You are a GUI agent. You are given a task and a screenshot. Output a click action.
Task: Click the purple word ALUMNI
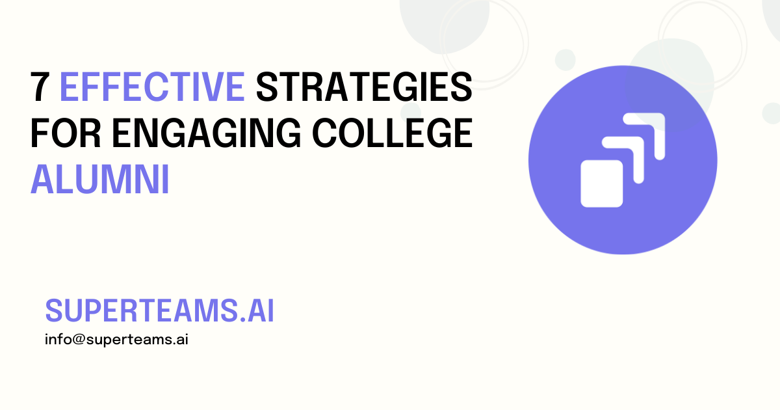click(100, 180)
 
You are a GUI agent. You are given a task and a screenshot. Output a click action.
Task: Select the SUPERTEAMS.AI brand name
click(159, 312)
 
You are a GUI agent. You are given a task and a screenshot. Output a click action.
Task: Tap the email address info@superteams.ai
click(116, 340)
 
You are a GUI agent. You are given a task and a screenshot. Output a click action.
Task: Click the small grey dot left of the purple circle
click(565, 60)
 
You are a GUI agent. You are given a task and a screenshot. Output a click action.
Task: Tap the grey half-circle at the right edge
click(773, 113)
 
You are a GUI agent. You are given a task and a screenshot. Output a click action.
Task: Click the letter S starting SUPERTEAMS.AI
click(53, 312)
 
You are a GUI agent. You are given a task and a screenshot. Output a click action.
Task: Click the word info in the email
click(55, 340)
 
